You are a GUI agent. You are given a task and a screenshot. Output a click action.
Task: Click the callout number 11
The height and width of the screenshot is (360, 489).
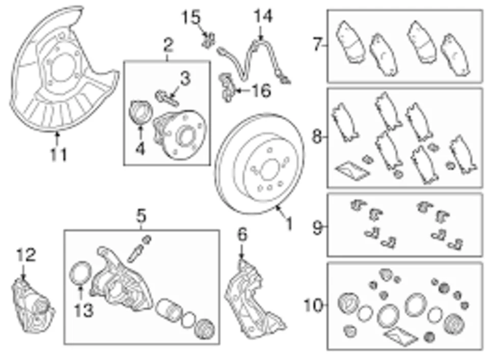coord(59,154)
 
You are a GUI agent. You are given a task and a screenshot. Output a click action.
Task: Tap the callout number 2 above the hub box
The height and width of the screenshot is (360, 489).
coord(168,45)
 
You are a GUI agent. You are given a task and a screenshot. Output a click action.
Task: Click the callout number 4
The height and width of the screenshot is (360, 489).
coord(140,149)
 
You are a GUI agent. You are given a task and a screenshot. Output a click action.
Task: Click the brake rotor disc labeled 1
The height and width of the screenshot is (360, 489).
coord(260,163)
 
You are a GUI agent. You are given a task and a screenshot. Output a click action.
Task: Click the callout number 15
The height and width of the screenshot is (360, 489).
coord(192,18)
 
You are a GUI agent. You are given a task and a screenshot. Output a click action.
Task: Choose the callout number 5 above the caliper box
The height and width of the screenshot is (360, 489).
coord(141,216)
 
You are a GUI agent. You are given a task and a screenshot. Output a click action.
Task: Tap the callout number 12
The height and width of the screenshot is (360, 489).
coord(26,255)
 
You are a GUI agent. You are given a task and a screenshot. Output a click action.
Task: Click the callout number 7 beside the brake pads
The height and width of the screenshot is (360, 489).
coord(318,45)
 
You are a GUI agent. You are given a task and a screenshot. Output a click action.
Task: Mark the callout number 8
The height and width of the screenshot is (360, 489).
coord(317,137)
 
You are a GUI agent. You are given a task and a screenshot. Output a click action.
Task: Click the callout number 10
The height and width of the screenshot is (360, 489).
coord(314,306)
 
